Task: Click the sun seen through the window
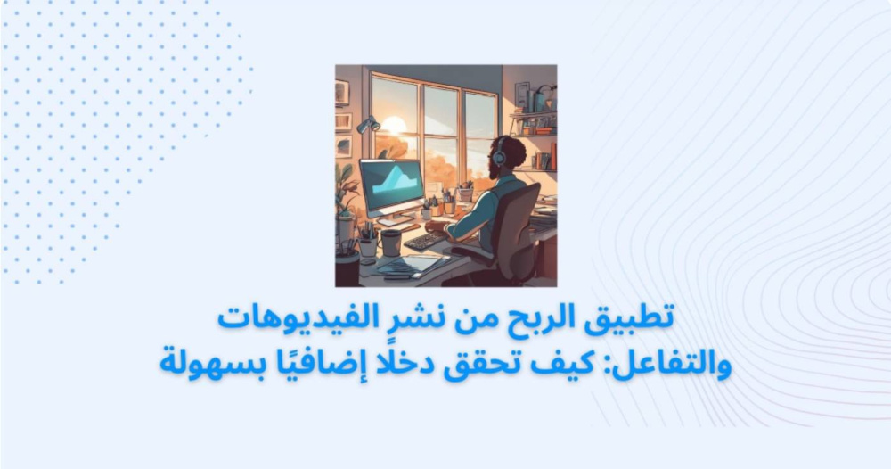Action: pos(394,126)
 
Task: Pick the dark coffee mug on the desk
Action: pos(391,243)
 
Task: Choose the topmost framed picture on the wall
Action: pos(342,92)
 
